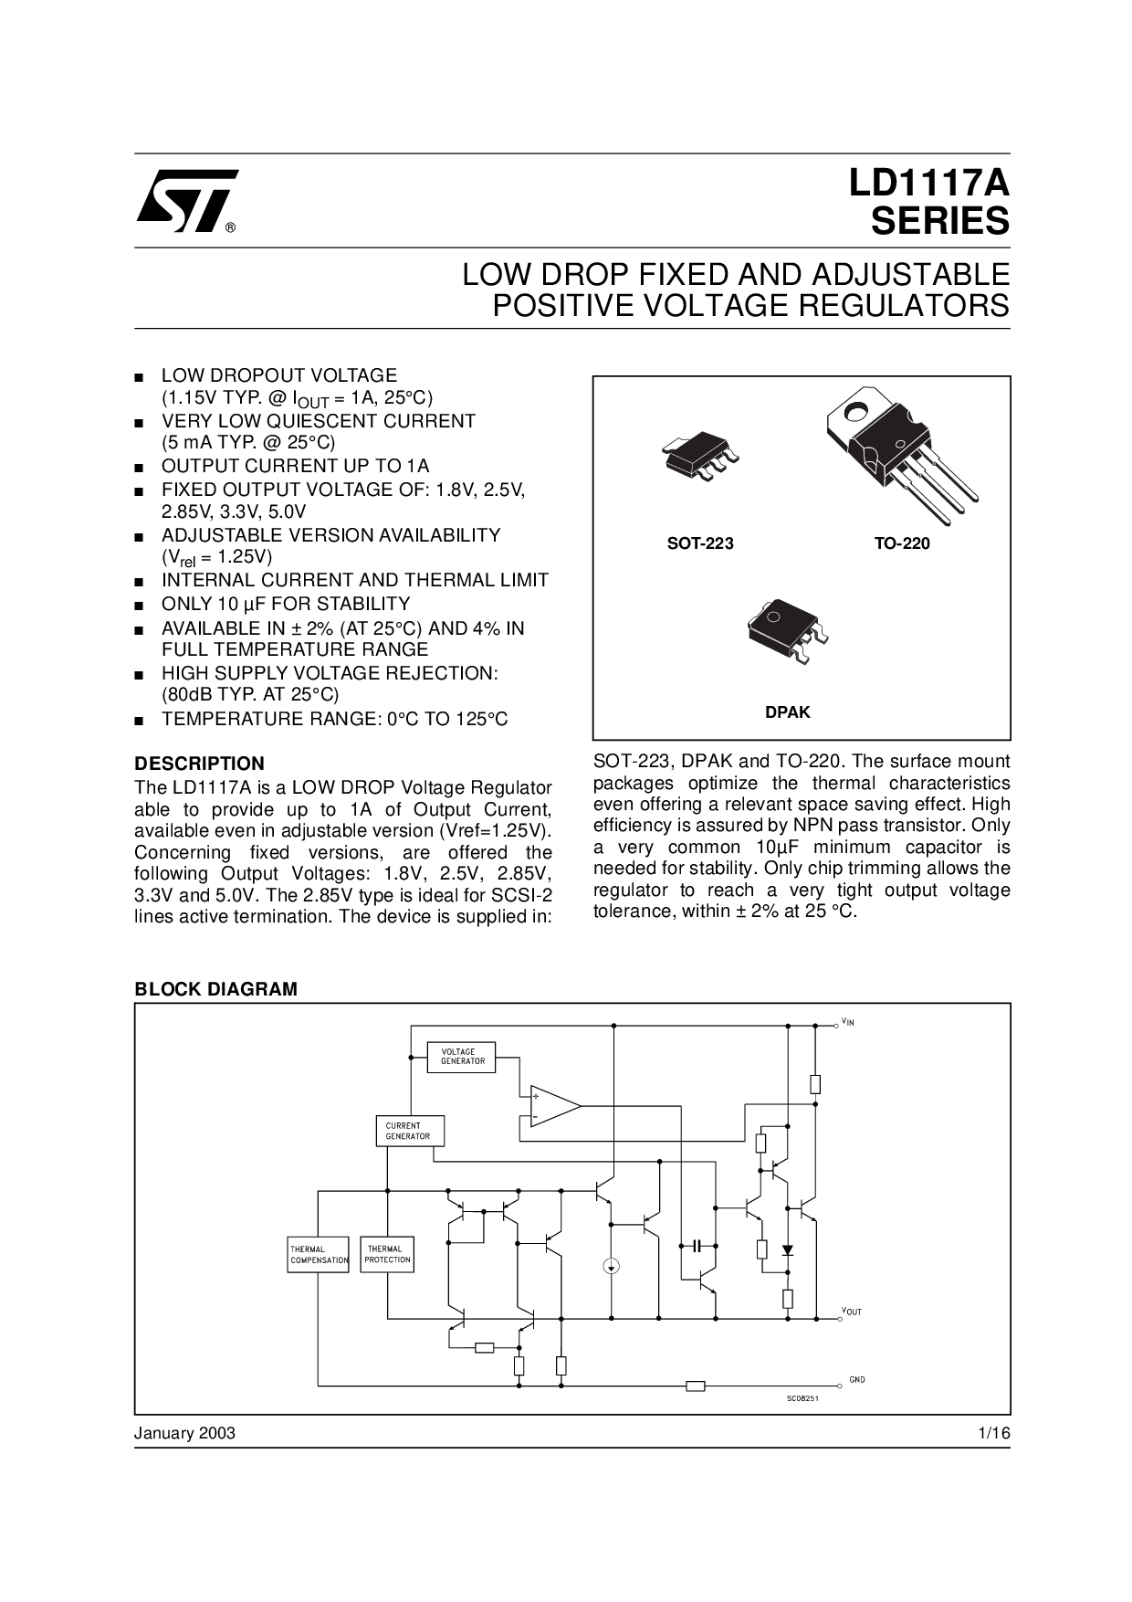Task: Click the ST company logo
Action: coord(186,201)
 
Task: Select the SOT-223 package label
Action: coord(700,543)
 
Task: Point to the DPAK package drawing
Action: coord(787,629)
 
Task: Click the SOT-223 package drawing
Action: coord(699,460)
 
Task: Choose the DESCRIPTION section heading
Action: coord(199,764)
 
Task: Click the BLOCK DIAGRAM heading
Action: coord(215,989)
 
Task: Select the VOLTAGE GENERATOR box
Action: coord(463,1057)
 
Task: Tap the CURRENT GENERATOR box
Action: coord(409,1131)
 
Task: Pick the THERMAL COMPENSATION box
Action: coord(319,1255)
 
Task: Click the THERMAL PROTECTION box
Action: coord(387,1255)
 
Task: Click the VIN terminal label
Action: coord(848,1022)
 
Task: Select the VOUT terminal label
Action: coord(851,1312)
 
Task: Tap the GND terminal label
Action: coord(856,1379)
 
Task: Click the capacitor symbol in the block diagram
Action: coord(697,1245)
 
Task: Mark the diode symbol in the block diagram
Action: coord(788,1249)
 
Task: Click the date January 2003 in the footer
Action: coord(184,1433)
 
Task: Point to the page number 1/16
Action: coord(993,1433)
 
